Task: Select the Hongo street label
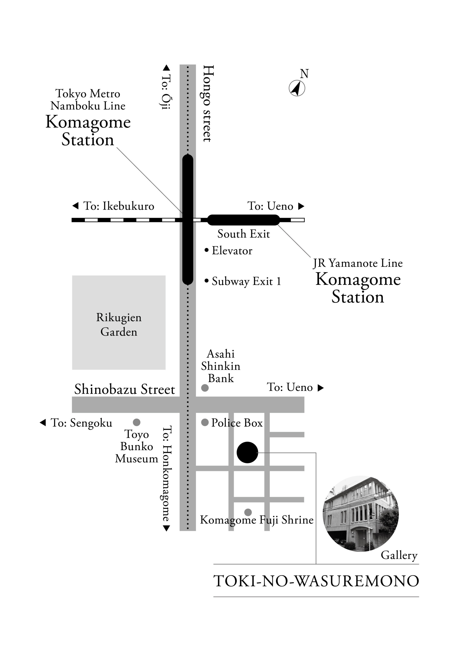(208, 103)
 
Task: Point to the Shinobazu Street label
(125, 389)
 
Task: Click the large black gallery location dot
(247, 452)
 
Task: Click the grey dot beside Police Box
(205, 422)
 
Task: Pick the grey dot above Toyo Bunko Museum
(137, 422)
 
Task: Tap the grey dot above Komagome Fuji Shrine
(248, 512)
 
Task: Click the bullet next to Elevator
(206, 250)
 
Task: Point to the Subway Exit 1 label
(246, 281)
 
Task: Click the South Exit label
(243, 234)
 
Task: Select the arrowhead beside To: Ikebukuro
(75, 206)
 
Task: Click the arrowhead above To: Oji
(166, 68)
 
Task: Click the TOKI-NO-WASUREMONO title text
(316, 581)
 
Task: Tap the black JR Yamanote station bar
(243, 220)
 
